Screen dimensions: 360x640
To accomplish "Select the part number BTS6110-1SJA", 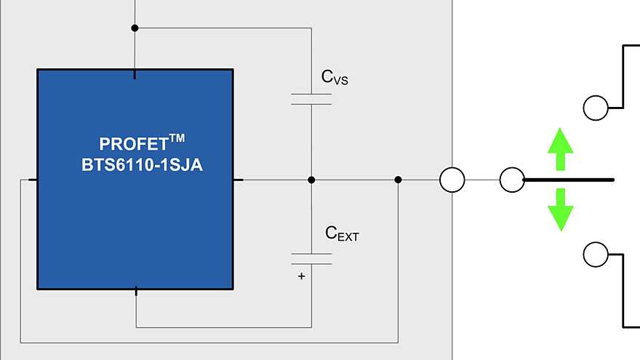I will tap(143, 165).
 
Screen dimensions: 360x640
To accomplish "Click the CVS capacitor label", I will tap(335, 77).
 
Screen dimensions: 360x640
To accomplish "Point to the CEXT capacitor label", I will tap(342, 234).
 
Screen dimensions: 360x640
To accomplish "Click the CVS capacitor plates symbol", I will tap(311, 99).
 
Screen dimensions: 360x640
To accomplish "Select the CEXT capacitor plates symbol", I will tap(311, 259).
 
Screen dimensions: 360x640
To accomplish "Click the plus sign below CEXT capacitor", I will tap(300, 276).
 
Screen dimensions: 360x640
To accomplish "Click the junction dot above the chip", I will tap(135, 28).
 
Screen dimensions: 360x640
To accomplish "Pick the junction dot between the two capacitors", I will tap(311, 180).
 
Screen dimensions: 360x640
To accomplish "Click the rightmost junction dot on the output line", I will tap(398, 180).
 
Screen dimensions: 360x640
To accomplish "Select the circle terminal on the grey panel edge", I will tap(452, 180).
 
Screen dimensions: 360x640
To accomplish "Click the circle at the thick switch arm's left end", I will tap(512, 180).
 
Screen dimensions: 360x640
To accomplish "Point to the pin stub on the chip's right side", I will tap(239, 180).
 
